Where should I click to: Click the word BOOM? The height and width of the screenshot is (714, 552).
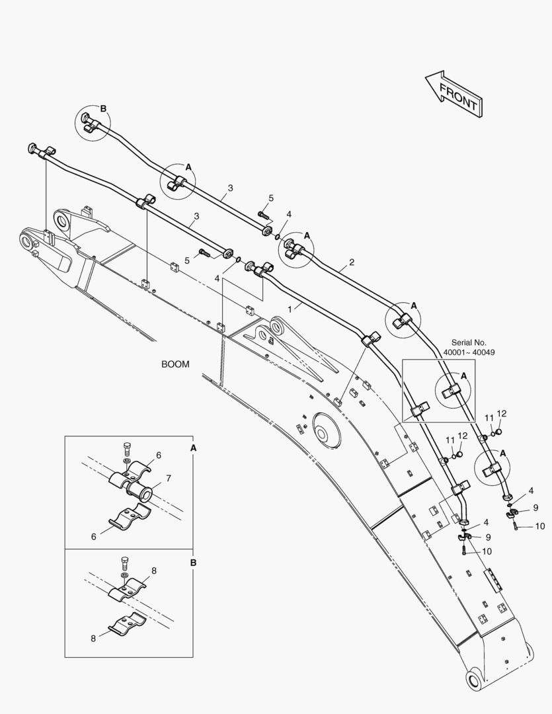point(175,364)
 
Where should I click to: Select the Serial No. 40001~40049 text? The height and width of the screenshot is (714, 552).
point(469,348)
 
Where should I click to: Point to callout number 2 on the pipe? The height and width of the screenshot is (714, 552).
point(352,262)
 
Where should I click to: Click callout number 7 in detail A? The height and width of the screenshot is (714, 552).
point(169,478)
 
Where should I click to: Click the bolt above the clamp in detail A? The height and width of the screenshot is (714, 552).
point(128,452)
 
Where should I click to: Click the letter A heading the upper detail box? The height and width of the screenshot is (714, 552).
point(193,448)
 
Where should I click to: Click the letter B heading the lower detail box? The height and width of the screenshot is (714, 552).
point(193,563)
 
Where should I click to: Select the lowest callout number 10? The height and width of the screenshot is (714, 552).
point(486,551)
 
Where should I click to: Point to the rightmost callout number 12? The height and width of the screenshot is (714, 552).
point(501,414)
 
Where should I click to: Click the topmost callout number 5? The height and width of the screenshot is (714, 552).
point(271,198)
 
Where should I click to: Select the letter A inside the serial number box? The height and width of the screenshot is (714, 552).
point(463,375)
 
